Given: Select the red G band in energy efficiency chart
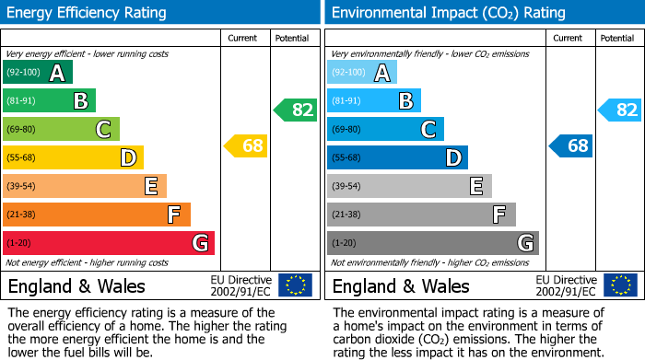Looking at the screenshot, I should point(109,243).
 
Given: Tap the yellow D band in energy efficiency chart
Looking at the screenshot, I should point(73,158).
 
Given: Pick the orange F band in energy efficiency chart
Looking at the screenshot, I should point(97,215).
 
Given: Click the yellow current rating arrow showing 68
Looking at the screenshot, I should point(246,145).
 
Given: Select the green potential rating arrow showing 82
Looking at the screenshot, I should point(296,110).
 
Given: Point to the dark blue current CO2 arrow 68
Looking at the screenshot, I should point(571,145).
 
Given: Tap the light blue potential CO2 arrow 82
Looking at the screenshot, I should point(620,110).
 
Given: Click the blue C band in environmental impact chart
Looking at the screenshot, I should point(385,130).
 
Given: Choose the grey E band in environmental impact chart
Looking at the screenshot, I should point(409,187).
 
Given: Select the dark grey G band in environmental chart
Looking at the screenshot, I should point(433,243).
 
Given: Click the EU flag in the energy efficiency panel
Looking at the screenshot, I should point(295,285).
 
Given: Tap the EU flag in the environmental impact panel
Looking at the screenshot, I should point(620,285).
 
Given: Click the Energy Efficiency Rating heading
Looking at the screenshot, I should point(88,13).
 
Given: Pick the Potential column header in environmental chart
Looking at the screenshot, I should point(617,38).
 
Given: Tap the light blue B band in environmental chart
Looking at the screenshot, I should point(374,101).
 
